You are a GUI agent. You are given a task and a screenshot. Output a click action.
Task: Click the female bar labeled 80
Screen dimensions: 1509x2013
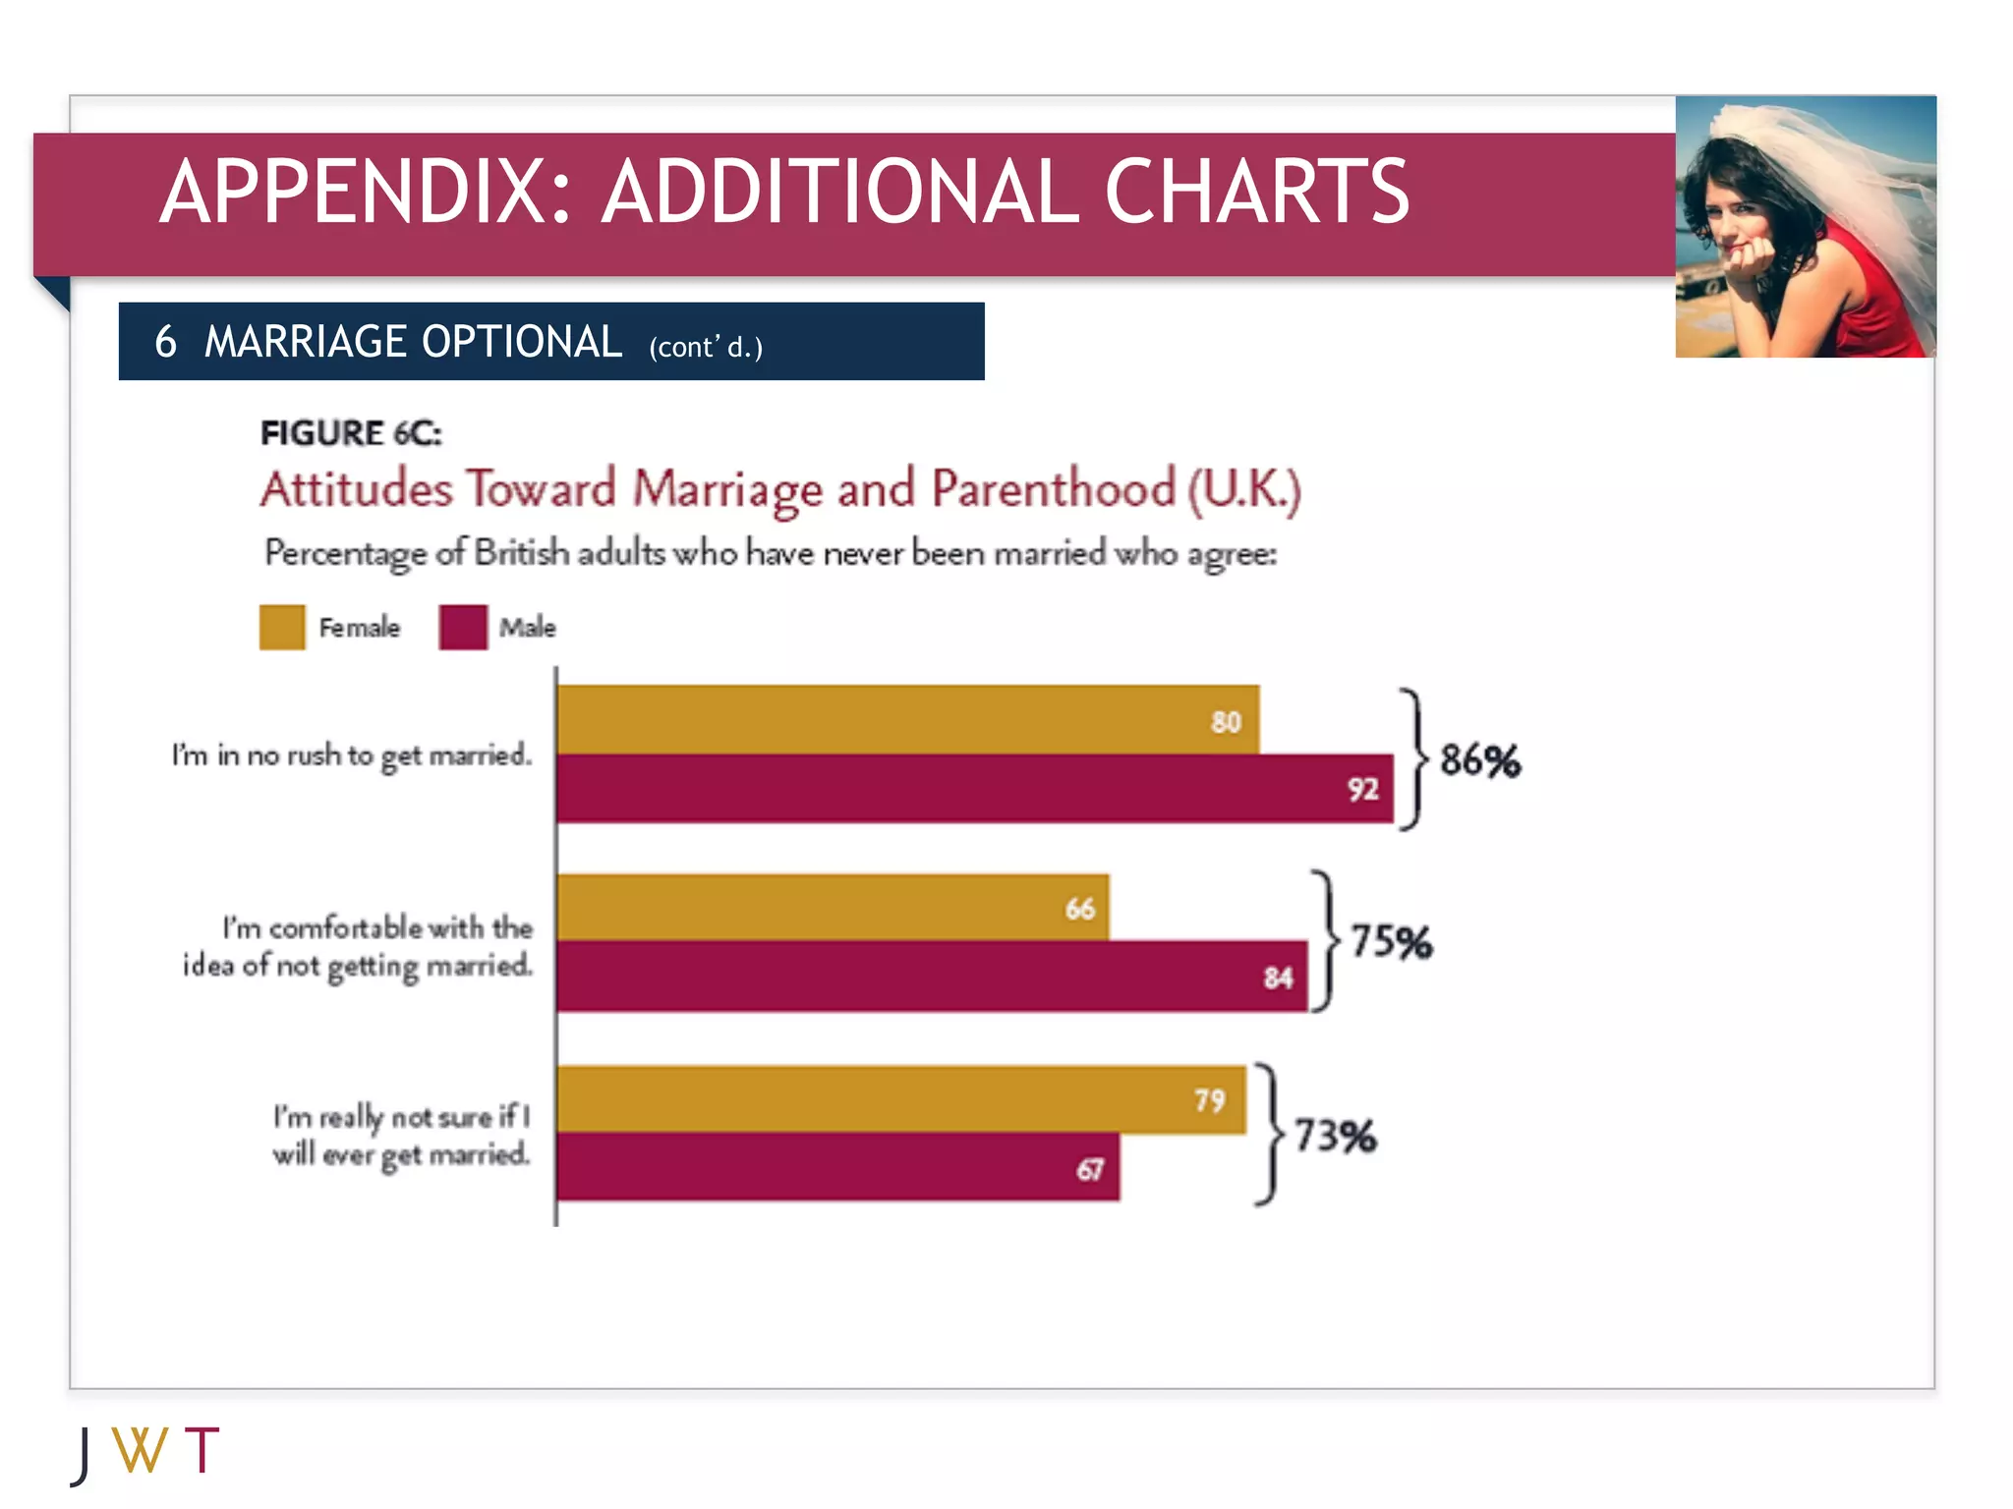coord(907,720)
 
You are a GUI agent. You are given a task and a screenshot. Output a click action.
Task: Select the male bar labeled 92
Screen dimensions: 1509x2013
coord(974,788)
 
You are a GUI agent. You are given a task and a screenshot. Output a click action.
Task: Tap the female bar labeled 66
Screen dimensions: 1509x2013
coord(833,908)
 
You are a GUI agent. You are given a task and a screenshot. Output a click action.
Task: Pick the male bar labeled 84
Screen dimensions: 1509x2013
coord(932,977)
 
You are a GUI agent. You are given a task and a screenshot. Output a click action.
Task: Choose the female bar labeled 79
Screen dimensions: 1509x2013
coord(900,1099)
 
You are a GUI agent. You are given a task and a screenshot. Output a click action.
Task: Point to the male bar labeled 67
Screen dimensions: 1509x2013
coord(837,1167)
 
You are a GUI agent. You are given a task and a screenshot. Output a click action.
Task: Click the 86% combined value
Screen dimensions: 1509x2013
coord(1479,760)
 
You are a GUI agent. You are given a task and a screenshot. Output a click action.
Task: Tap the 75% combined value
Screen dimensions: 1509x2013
coord(1391,941)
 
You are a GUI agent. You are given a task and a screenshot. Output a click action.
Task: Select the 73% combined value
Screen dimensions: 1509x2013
coord(1335,1136)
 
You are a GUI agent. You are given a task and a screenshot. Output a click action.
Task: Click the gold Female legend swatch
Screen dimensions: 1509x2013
coord(282,627)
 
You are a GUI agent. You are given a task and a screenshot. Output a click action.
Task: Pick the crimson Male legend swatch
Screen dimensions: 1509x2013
coord(463,627)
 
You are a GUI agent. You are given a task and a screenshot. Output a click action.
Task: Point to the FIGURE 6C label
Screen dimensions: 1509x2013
coord(351,433)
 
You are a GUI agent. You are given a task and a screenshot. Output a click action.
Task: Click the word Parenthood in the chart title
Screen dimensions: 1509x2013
coord(1053,489)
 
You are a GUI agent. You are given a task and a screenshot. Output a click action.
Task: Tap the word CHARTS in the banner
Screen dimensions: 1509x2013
coord(1257,193)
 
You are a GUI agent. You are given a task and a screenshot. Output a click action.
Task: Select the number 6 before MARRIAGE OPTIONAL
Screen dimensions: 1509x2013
coord(165,342)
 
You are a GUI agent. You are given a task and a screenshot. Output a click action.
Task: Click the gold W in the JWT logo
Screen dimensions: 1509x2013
coord(140,1450)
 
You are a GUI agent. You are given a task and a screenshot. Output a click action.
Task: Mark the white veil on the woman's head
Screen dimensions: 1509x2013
coord(1838,157)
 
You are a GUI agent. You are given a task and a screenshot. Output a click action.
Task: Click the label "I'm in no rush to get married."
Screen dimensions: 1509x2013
coord(351,755)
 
